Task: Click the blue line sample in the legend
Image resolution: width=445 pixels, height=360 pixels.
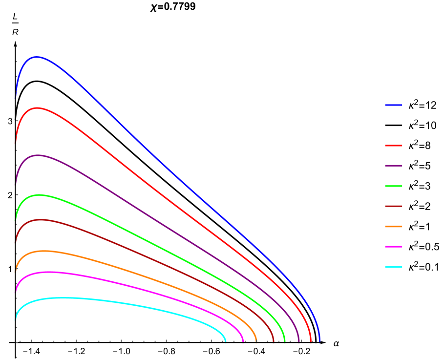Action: tap(393, 105)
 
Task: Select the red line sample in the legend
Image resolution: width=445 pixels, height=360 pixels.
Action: tap(393, 146)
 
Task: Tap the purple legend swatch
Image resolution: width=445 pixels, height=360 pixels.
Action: tap(393, 166)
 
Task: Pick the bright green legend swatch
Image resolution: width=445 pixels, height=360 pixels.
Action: tap(393, 186)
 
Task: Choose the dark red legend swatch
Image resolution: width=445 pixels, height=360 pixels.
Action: tap(393, 206)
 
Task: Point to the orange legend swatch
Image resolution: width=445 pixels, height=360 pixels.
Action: tap(393, 227)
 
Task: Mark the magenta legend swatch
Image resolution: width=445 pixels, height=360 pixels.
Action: tap(393, 247)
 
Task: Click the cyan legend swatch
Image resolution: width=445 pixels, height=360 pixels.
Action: tap(393, 267)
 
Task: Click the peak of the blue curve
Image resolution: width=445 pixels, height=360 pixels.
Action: tap(37, 57)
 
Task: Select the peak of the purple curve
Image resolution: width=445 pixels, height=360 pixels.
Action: tap(38, 155)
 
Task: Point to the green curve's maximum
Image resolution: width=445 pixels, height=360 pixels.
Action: tap(39, 195)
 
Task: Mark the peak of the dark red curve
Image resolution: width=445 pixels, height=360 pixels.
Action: tap(41, 220)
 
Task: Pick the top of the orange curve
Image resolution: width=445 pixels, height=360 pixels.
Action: tap(44, 251)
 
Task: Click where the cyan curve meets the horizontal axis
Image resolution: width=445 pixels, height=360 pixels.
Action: tap(226, 341)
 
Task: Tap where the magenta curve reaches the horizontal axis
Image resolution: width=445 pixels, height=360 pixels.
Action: tap(243, 341)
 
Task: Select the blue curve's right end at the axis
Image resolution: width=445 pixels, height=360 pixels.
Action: tap(319, 341)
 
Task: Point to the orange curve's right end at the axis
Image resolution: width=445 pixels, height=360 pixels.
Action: tap(256, 341)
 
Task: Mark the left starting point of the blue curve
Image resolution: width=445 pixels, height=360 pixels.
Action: tap(16, 98)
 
